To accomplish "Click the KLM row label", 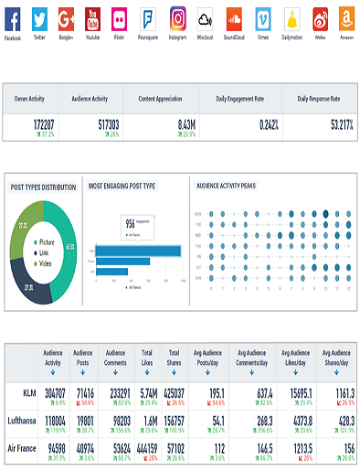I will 27,392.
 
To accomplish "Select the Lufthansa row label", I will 22,421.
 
